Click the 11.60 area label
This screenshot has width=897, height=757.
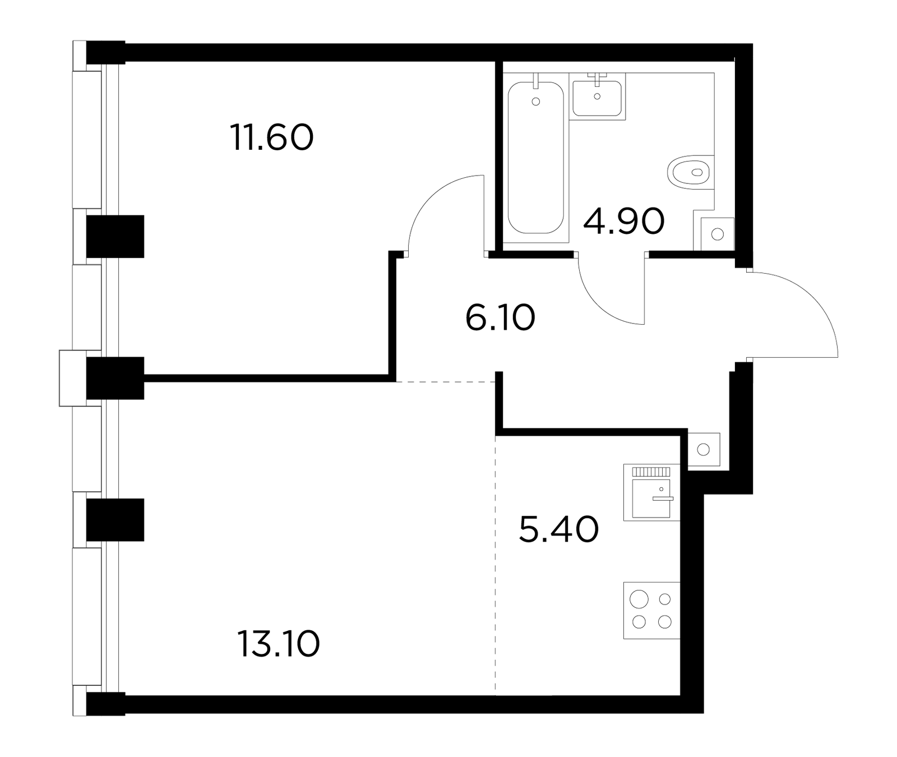point(271,138)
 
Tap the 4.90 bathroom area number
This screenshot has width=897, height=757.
point(624,221)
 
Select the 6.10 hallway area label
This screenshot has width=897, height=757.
point(500,318)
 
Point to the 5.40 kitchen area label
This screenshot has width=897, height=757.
point(559,530)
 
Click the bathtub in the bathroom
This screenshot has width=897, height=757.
point(535,158)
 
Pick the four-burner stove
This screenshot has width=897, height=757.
point(651,610)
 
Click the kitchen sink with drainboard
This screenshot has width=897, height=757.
point(651,492)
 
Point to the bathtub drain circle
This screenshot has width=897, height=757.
point(536,101)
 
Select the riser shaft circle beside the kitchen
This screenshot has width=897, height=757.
point(704,449)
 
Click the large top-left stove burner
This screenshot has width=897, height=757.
point(639,599)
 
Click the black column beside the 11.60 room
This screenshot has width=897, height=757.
point(115,237)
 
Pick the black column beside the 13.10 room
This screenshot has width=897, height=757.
point(115,520)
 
